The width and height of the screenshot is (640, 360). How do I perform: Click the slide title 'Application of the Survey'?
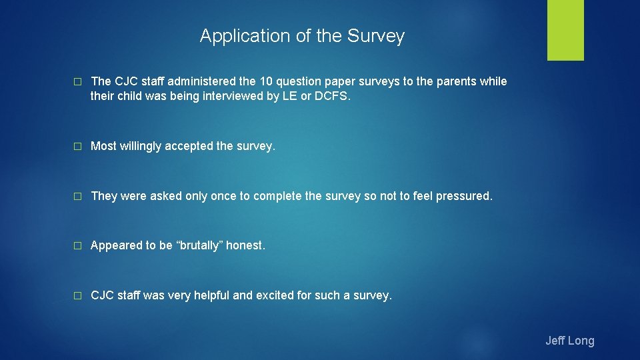[302, 36]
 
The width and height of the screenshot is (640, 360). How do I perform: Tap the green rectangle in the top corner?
[565, 30]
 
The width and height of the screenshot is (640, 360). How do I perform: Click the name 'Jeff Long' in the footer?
[569, 341]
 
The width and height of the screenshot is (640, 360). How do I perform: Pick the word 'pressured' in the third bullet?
[463, 196]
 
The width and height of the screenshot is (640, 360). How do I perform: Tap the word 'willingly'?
[143, 146]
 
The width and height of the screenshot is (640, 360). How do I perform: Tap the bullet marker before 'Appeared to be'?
[77, 246]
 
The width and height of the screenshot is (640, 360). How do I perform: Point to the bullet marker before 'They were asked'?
[77, 197]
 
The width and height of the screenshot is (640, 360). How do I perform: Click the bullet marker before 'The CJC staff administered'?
[77, 82]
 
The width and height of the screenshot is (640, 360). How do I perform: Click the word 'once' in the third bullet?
[223, 196]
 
